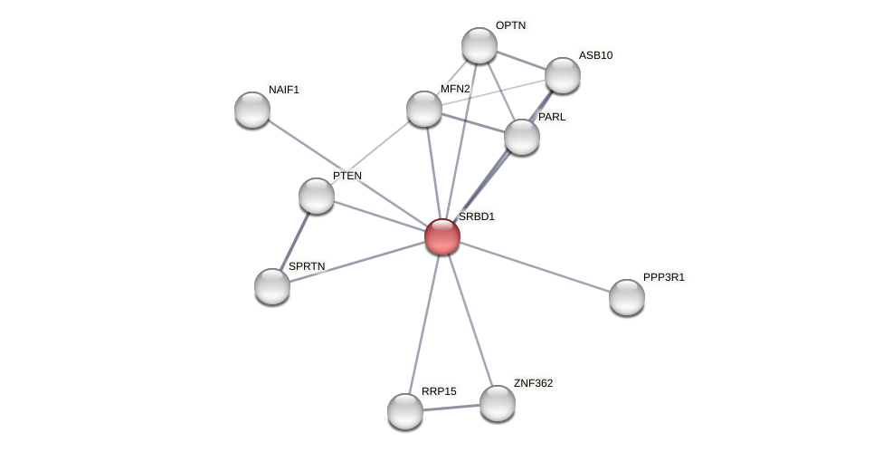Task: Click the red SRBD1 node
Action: [442, 236]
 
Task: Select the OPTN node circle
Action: [479, 45]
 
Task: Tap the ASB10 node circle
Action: [562, 75]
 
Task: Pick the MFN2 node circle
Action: [423, 109]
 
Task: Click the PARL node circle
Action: [522, 137]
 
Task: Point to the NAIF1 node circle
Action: [252, 110]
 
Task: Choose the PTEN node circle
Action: [317, 196]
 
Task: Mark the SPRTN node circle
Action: [272, 286]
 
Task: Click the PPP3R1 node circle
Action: [626, 297]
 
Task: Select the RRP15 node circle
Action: [405, 411]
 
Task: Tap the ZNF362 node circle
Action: [497, 403]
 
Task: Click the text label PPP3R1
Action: [664, 277]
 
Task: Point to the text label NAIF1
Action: [284, 90]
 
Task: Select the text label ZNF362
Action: [533, 383]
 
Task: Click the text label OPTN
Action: [510, 25]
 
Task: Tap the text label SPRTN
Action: [307, 266]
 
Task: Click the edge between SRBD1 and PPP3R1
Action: [534, 266]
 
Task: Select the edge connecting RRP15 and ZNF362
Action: [451, 408]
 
